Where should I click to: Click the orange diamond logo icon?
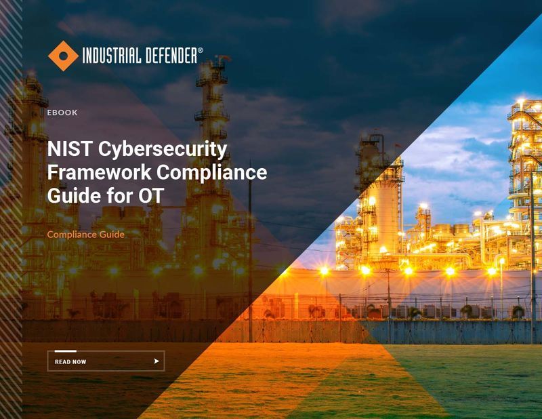pyautogui.click(x=63, y=56)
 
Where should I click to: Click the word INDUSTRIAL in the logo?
pyautogui.click(x=112, y=56)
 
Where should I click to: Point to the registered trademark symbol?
pyautogui.click(x=200, y=50)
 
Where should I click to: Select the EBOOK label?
pyautogui.click(x=62, y=113)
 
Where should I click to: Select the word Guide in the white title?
pyautogui.click(x=72, y=196)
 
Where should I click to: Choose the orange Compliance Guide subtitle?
pyautogui.click(x=85, y=235)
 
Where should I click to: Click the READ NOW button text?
pyautogui.click(x=70, y=362)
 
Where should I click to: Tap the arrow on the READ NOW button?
pyautogui.click(x=157, y=361)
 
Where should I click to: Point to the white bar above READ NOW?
pyautogui.click(x=65, y=351)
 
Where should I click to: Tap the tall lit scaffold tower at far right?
pyautogui.click(x=525, y=156)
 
